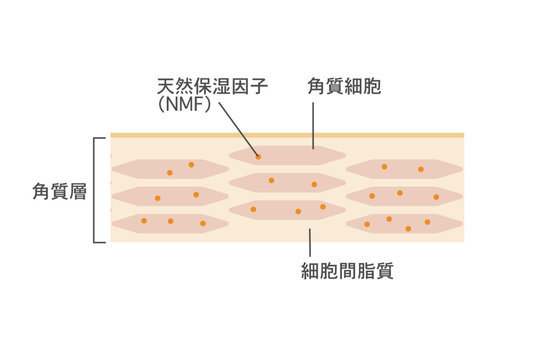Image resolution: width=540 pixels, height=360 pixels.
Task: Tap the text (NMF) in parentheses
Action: pyautogui.click(x=184, y=104)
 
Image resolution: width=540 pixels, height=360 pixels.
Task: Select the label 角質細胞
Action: pyautogui.click(x=343, y=87)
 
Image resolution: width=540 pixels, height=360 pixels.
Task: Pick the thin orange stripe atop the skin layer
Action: pyautogui.click(x=286, y=134)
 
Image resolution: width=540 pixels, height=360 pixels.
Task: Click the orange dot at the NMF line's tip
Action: pyautogui.click(x=257, y=156)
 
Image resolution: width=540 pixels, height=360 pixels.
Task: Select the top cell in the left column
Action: pyautogui.click(x=170, y=169)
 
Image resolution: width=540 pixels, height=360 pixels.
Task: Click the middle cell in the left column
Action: pyautogui.click(x=170, y=196)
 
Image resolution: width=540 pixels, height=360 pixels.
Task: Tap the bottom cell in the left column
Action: pyautogui.click(x=170, y=223)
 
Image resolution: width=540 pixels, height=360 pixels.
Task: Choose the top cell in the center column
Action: pyautogui.click(x=287, y=156)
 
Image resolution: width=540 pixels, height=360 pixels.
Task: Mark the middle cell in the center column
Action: pyautogui.click(x=287, y=183)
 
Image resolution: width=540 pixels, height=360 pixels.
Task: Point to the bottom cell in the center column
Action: pyautogui.click(x=287, y=210)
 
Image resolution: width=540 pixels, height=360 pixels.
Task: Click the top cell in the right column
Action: pyautogui.click(x=404, y=169)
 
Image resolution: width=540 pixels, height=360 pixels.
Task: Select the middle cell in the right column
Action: pyautogui.click(x=404, y=196)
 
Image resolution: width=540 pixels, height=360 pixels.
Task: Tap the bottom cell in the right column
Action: pyautogui.click(x=404, y=223)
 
